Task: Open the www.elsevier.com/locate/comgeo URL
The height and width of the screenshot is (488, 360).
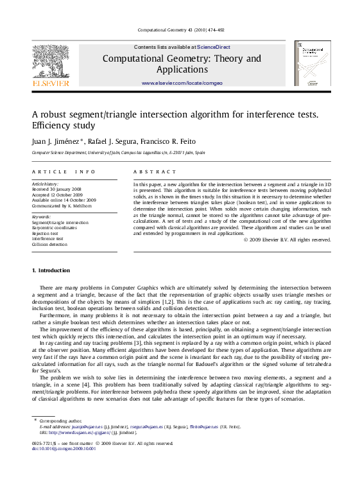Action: tap(182, 83)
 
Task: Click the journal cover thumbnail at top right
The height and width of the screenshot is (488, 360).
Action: tap(313, 64)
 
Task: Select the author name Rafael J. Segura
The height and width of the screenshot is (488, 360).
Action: tap(107, 141)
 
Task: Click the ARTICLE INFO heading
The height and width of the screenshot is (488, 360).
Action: tap(64, 172)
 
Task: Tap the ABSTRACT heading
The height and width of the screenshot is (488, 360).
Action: tap(155, 172)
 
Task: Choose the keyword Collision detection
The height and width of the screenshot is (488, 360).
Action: tap(49, 245)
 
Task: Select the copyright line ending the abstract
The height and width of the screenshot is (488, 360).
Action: tap(287, 240)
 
